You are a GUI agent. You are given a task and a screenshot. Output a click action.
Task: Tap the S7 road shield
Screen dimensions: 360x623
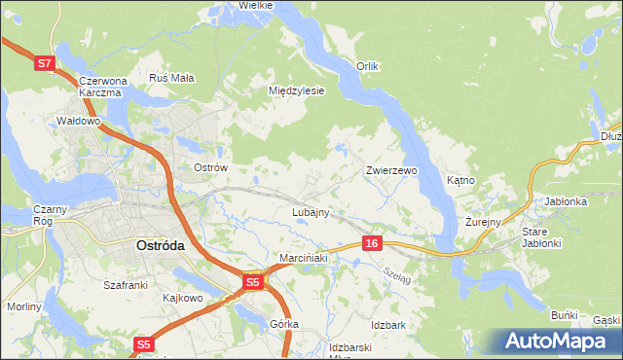coord(44,63)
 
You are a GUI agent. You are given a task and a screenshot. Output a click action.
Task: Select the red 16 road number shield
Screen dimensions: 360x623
coord(372,241)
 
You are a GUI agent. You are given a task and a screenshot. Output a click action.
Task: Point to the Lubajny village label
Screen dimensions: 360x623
coord(311,211)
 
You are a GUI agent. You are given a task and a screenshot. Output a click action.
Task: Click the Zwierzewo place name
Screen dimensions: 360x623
coord(391,170)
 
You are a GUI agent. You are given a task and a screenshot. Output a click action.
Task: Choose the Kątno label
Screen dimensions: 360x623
coord(460,181)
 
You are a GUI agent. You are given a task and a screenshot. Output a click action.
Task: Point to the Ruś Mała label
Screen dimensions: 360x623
coord(172,77)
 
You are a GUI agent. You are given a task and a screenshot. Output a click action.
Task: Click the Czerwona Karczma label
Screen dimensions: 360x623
coord(101,87)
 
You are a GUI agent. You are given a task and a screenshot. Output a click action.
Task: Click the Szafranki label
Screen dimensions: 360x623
coord(125,285)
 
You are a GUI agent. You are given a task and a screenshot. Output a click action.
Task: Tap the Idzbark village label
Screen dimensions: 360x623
coord(387,324)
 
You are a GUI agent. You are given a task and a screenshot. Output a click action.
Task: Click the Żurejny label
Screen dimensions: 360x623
coord(482,222)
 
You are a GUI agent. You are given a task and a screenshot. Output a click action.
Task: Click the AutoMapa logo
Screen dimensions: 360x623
coord(559,340)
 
